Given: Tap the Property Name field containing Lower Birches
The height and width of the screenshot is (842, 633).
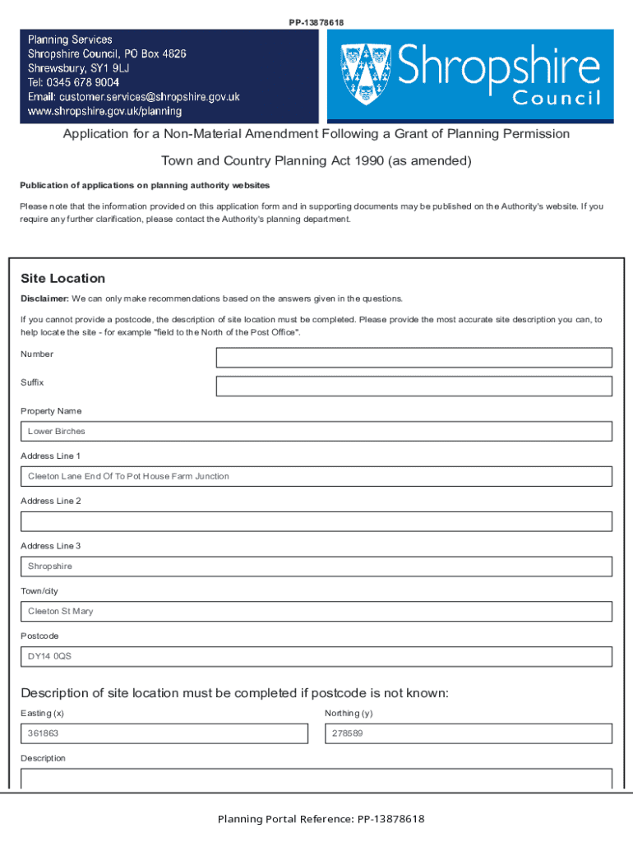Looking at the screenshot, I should click(x=316, y=432).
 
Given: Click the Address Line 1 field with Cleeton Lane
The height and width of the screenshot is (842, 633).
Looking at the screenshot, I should click(x=316, y=477).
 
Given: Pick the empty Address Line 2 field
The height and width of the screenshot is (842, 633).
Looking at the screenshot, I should click(x=316, y=521).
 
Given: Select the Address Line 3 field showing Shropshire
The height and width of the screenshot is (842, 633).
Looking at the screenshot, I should click(x=316, y=567).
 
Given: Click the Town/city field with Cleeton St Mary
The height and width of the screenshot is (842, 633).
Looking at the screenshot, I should click(x=316, y=612).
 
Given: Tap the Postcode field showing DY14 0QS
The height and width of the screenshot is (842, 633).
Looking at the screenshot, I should click(x=316, y=657).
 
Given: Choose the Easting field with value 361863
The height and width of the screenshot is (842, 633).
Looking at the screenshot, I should click(x=164, y=733).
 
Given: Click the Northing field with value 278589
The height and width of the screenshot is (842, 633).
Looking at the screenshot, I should click(x=469, y=733).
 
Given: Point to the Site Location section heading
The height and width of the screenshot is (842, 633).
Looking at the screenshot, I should click(x=63, y=279).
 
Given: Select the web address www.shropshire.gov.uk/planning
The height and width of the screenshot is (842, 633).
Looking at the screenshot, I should click(x=105, y=111).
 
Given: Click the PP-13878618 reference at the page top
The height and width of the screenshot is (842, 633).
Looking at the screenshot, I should click(x=316, y=22).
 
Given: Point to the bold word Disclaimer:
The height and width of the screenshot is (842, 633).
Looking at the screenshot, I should click(x=44, y=298).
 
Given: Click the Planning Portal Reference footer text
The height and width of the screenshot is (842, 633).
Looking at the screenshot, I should click(x=321, y=819).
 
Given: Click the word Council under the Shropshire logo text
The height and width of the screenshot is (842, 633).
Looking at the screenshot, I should click(x=557, y=99).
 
